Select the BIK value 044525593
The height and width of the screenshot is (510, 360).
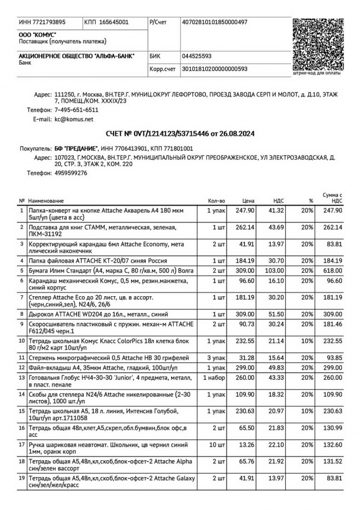click(197, 56)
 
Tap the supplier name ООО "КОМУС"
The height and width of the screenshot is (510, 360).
click(33, 34)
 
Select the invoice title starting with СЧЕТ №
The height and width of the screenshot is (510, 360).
click(180, 133)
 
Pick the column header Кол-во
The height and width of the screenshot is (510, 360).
click(216, 201)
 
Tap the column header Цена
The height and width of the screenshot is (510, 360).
click(248, 201)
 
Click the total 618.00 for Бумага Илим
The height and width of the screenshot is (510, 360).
click(332, 269)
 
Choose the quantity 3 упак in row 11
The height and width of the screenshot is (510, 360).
click(216, 357)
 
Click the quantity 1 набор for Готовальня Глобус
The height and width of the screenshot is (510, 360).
click(214, 378)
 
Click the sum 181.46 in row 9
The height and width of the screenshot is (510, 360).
click(332, 324)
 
